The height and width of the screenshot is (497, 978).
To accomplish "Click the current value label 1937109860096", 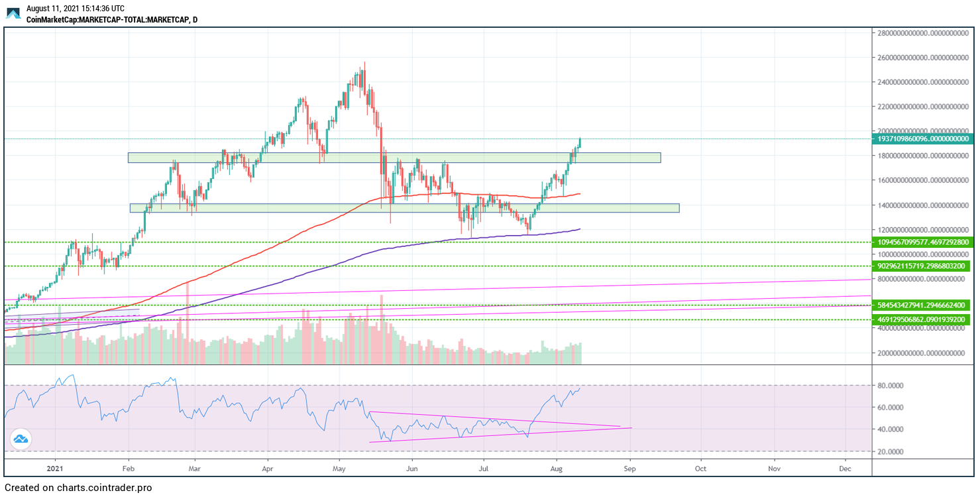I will click(x=922, y=138).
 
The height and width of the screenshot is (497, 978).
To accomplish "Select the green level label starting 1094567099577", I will click(x=922, y=243).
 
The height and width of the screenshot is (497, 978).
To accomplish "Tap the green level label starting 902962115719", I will click(x=922, y=266).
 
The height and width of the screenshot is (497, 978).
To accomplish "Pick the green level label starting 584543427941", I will click(x=922, y=305).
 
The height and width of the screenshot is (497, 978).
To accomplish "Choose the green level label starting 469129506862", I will click(x=922, y=319).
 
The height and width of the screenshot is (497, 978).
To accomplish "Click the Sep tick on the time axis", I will click(x=629, y=469).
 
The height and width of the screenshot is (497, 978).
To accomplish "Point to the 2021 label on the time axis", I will click(x=56, y=469).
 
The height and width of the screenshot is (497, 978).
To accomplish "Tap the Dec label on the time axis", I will click(x=845, y=469).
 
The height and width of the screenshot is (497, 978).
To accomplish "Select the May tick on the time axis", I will click(x=339, y=469).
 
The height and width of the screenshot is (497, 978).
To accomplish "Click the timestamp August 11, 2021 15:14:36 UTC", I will click(x=75, y=9).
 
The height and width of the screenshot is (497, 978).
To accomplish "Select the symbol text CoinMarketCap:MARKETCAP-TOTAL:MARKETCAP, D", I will click(x=111, y=20).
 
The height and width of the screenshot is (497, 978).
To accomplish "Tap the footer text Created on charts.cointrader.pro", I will click(x=78, y=488).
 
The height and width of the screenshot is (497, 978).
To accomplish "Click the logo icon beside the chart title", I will click(x=13, y=13).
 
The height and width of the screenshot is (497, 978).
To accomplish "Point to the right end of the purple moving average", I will click(x=580, y=229).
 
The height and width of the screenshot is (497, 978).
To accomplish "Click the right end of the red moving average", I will click(x=580, y=193).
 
